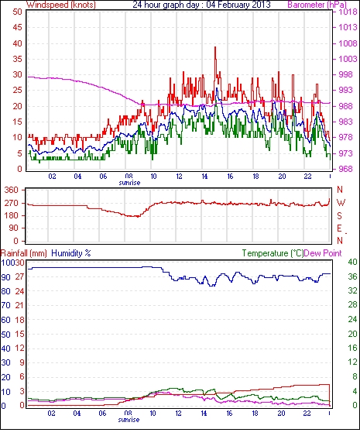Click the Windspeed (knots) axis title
tap(61, 5)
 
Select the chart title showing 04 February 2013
tap(201, 5)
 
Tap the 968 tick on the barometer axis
tap(345, 169)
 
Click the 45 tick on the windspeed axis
tap(17, 27)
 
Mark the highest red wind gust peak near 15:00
tap(215, 47)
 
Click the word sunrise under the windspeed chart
tap(129, 183)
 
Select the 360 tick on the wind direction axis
tap(11, 191)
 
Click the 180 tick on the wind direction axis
tap(11, 215)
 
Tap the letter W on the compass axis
tap(341, 203)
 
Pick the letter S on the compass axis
tap(339, 216)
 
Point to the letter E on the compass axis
tap(339, 228)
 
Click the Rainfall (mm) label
tap(24, 253)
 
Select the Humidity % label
tap(71, 253)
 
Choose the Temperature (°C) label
tap(273, 253)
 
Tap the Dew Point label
tap(323, 253)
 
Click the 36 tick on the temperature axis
tap(352, 276)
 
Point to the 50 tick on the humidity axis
tap(5, 335)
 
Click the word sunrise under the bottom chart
tap(129, 419)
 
